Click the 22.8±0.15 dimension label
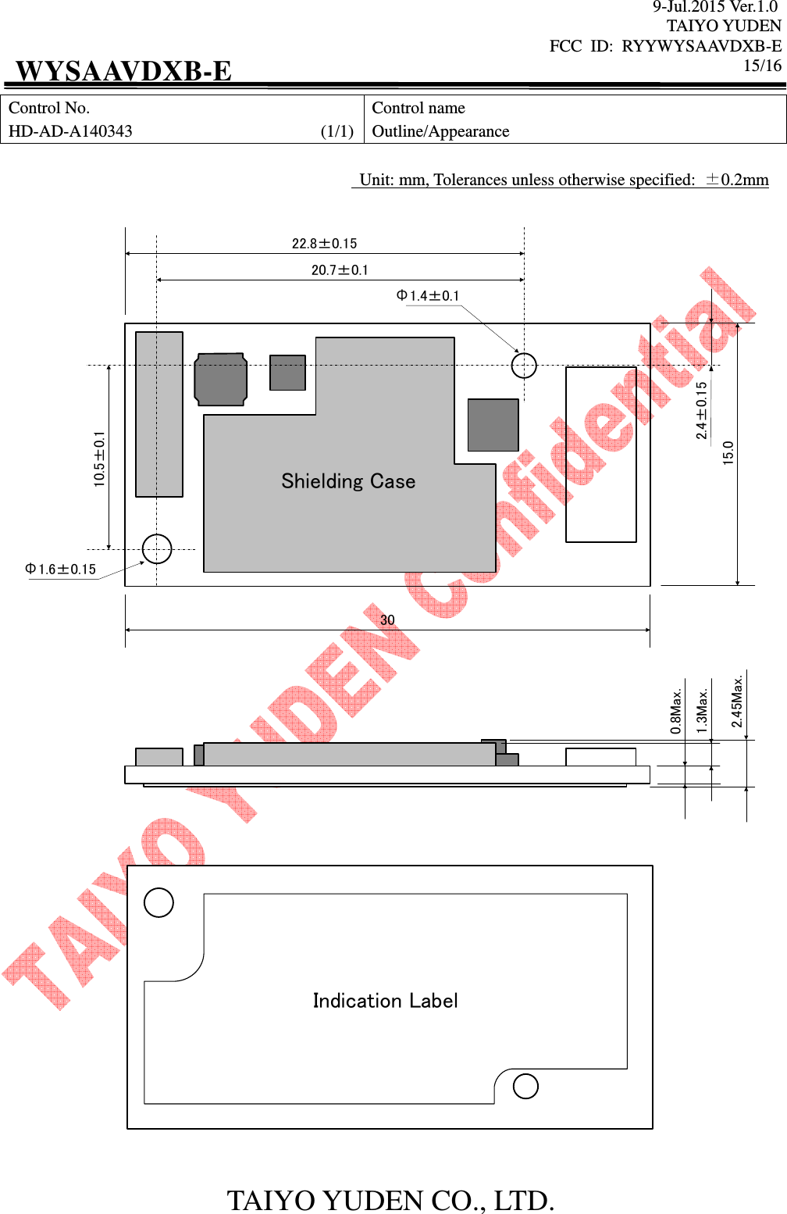324,244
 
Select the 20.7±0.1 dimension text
340,270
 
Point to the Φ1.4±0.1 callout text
428,296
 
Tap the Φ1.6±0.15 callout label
61,570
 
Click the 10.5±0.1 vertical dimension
99,459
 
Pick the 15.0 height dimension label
728,453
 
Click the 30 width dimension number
387,620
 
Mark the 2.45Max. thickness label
737,702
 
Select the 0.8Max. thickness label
676,711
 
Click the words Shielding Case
348,481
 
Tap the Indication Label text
385,1001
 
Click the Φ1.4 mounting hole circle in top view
524,365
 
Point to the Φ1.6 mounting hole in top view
157,549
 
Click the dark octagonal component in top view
221,380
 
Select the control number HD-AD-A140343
70,131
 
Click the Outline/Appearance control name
440,131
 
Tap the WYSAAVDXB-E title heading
123,71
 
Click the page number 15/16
762,66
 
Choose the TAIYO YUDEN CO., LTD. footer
390,1200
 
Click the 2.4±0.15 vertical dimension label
701,410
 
